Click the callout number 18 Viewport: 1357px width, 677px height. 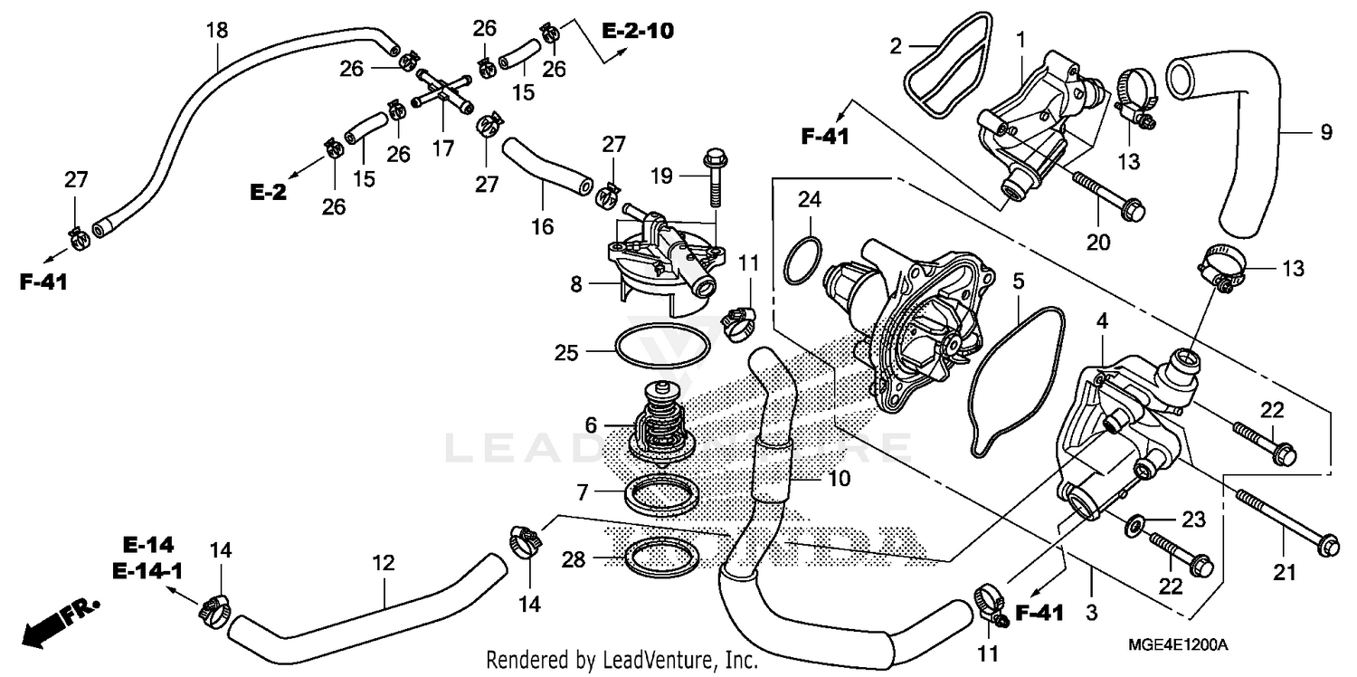click(x=216, y=31)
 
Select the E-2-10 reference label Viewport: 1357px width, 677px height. click(x=638, y=31)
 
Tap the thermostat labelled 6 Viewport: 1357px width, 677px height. click(x=661, y=424)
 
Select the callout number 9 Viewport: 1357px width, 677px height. click(x=1325, y=132)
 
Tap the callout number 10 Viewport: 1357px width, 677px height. click(x=839, y=478)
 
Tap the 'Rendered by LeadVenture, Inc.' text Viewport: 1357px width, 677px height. click(x=622, y=661)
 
